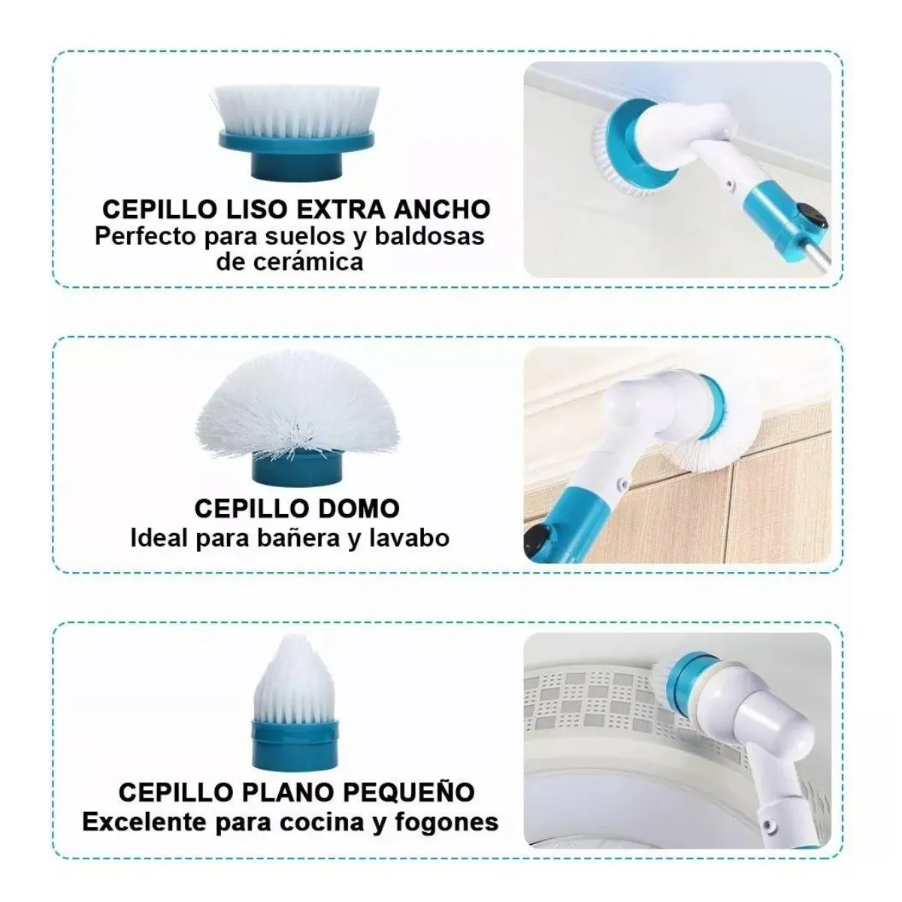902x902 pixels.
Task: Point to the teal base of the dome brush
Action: point(296,471)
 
